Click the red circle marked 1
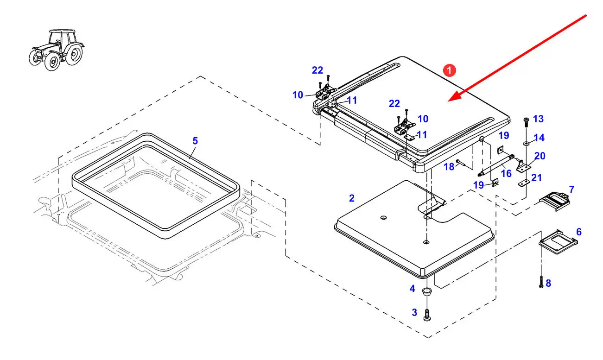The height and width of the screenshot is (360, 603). point(449,70)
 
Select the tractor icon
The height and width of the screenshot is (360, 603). point(57,50)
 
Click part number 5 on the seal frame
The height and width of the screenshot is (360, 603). point(195,141)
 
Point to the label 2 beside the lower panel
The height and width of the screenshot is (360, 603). point(352,198)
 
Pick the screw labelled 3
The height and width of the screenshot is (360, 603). point(427,315)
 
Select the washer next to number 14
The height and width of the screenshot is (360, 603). point(526,143)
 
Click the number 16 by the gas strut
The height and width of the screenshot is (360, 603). point(506,174)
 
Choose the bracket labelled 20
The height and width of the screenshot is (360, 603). point(523,167)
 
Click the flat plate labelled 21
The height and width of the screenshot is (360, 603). point(524,183)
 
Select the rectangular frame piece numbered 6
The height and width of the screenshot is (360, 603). point(558,241)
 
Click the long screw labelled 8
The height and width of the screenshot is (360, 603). point(541,282)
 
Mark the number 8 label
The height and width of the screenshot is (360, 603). point(548,283)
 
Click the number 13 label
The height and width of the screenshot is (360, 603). point(538,119)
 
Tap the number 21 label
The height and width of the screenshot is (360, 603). point(536,177)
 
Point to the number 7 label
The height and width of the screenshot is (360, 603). point(571,189)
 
